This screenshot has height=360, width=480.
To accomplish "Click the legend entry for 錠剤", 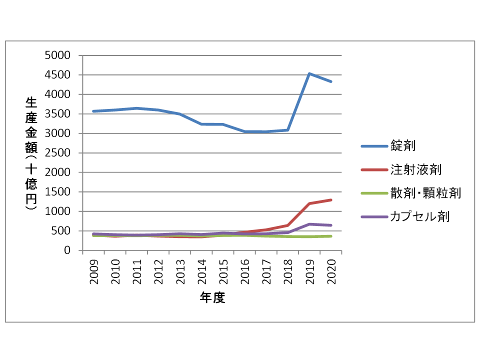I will pyautogui.click(x=404, y=146).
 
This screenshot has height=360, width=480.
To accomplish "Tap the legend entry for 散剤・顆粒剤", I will pyautogui.click(x=425, y=193).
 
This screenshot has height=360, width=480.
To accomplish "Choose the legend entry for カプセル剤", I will pyautogui.click(x=420, y=216).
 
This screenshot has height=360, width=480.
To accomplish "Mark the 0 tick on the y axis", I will pyautogui.click(x=66, y=250).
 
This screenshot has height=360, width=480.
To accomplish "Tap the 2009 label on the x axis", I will pyautogui.click(x=93, y=271).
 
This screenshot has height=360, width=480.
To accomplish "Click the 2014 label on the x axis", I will pyautogui.click(x=201, y=271).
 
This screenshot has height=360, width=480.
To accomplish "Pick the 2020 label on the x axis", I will pyautogui.click(x=331, y=271).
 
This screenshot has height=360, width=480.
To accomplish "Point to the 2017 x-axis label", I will pyautogui.click(x=266, y=271).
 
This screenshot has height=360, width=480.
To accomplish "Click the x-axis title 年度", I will pyautogui.click(x=212, y=298).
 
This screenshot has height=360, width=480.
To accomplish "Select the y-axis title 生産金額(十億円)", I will pyautogui.click(x=30, y=153).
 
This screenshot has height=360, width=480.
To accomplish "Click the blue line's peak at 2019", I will pyautogui.click(x=309, y=73).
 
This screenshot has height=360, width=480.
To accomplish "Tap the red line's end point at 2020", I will pyautogui.click(x=331, y=200).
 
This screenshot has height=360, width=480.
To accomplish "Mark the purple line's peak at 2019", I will pyautogui.click(x=309, y=224).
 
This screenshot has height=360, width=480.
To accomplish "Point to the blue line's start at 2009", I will pyautogui.click(x=93, y=111).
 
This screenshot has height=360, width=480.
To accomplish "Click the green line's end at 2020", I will pyautogui.click(x=331, y=236).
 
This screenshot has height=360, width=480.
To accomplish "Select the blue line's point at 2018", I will pyautogui.click(x=288, y=130).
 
